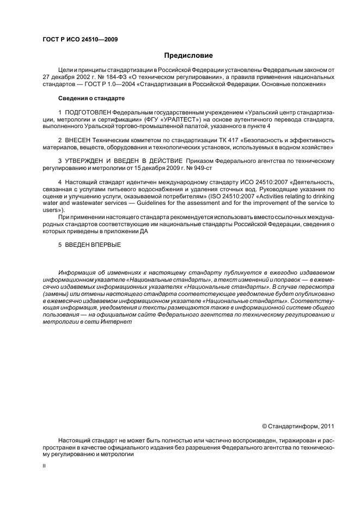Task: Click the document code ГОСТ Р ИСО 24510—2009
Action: [x=80, y=39]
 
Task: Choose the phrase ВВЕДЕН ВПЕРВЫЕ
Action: [x=92, y=245]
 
